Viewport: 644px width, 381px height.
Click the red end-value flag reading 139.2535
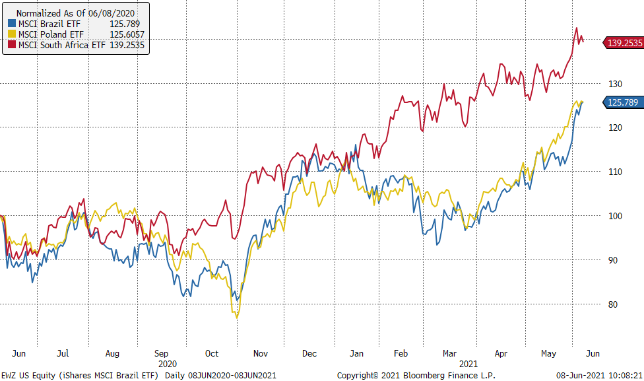[x=624, y=43]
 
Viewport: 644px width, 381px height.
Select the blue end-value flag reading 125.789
[x=624, y=102]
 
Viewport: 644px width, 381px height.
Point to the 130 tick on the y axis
[x=616, y=84]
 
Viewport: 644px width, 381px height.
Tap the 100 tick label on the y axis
[x=616, y=216]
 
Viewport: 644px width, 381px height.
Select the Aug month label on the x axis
[x=112, y=353]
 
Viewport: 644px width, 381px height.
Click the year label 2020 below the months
[x=168, y=363]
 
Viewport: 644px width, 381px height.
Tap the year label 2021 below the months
[x=468, y=363]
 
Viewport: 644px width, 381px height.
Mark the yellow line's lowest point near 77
[x=237, y=318]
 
